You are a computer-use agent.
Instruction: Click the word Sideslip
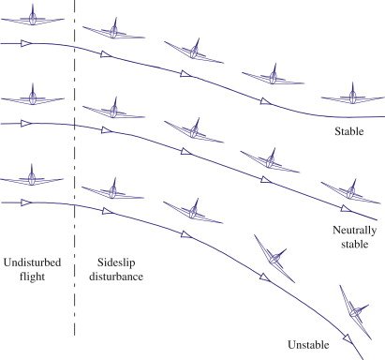tap(117, 262)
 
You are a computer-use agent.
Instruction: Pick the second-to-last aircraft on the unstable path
tap(273, 254)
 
